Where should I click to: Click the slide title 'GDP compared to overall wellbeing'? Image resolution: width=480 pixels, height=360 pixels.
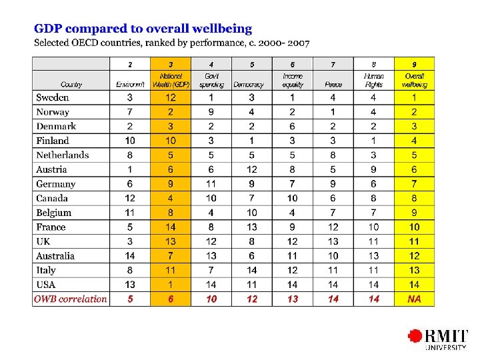click(143, 29)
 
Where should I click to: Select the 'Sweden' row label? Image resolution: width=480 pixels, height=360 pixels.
click(53, 97)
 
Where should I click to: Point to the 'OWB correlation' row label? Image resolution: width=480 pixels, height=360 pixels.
click(71, 299)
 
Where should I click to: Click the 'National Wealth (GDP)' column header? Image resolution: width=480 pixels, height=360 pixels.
click(171, 80)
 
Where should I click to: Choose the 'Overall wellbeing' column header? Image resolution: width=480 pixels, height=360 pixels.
click(414, 80)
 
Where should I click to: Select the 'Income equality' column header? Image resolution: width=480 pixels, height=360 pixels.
click(293, 80)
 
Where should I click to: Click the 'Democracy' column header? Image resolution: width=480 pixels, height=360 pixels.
click(252, 84)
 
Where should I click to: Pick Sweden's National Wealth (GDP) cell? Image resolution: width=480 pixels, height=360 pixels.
click(171, 97)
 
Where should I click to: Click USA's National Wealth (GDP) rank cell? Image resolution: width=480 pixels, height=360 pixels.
click(171, 285)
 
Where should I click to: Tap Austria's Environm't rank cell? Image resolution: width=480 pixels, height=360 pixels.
click(130, 169)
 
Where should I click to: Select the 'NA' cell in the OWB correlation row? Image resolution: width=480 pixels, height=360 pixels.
click(414, 299)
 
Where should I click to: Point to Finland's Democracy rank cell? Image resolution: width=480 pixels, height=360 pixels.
click(252, 141)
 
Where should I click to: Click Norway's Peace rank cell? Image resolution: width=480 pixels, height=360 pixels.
click(333, 112)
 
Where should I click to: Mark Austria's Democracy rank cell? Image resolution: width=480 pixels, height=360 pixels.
click(252, 169)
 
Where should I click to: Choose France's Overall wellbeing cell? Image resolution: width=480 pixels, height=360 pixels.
click(414, 227)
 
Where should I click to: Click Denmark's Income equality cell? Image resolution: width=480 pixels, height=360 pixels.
click(293, 126)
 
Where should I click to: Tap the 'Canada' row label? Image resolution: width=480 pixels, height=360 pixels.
click(53, 198)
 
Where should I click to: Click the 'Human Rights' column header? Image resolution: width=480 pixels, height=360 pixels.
click(374, 80)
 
